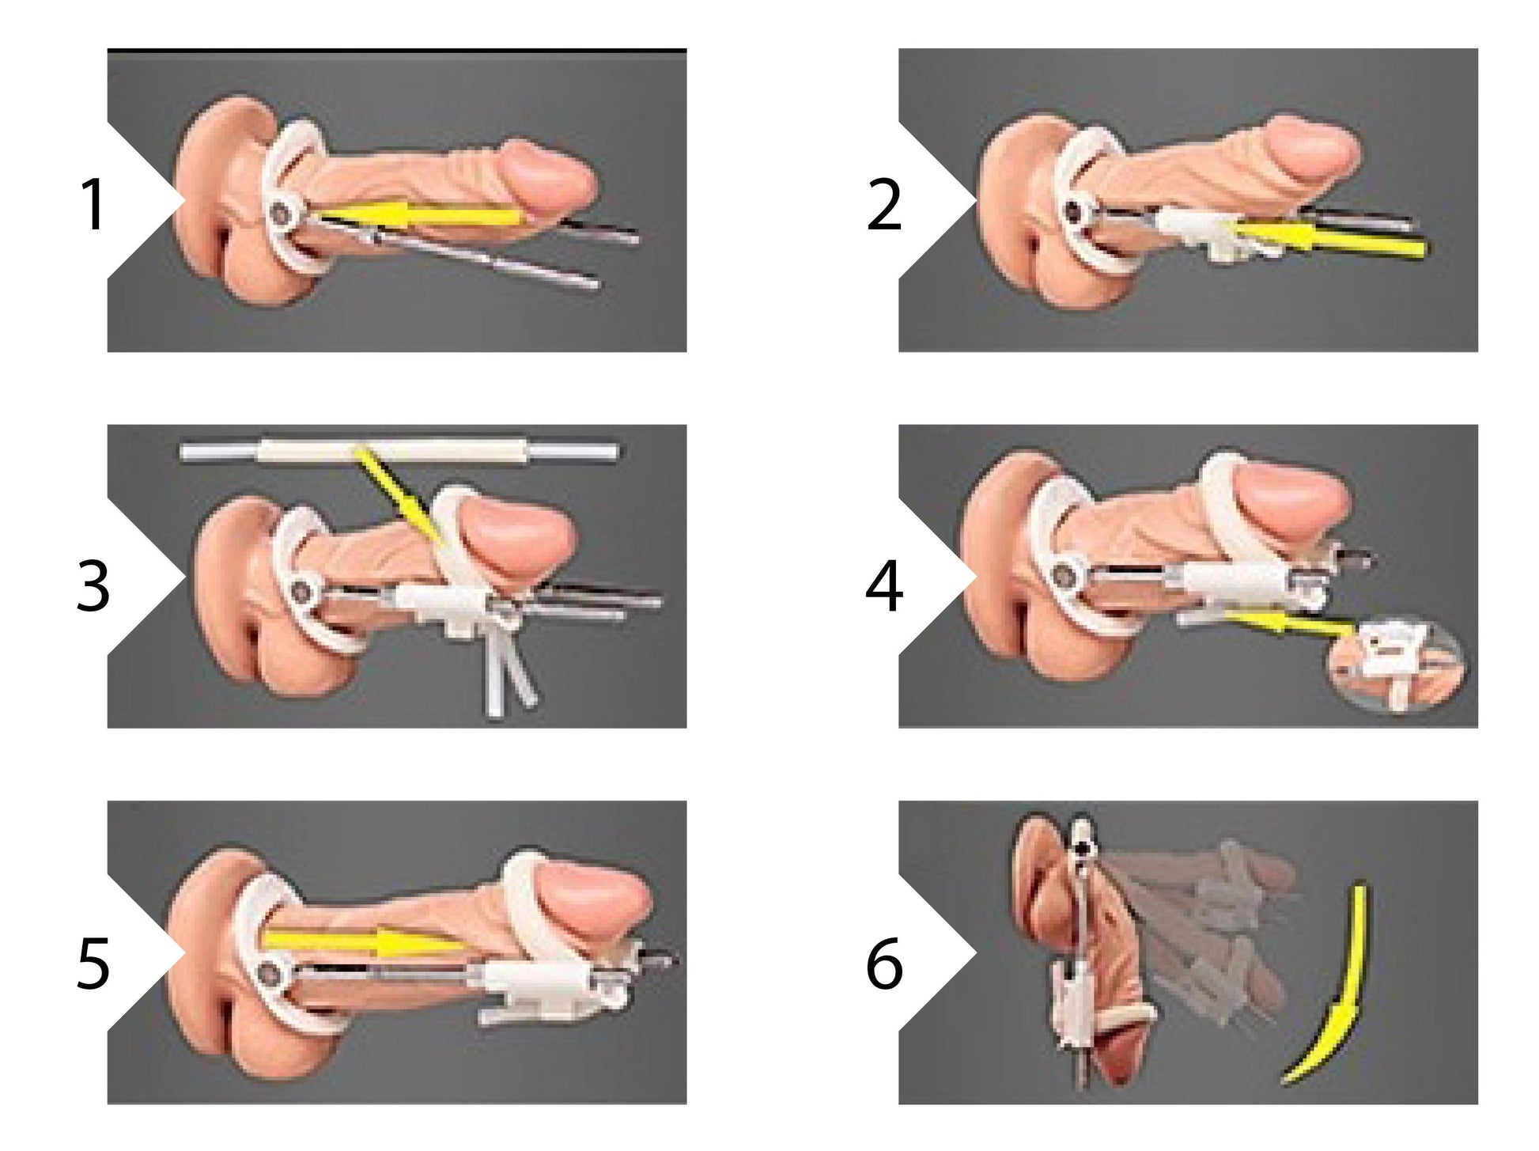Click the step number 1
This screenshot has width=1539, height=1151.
coord(93,206)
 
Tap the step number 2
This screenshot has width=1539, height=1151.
coord(883,206)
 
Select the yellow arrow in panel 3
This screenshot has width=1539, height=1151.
coord(399,498)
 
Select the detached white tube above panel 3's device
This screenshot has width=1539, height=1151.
coord(399,452)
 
